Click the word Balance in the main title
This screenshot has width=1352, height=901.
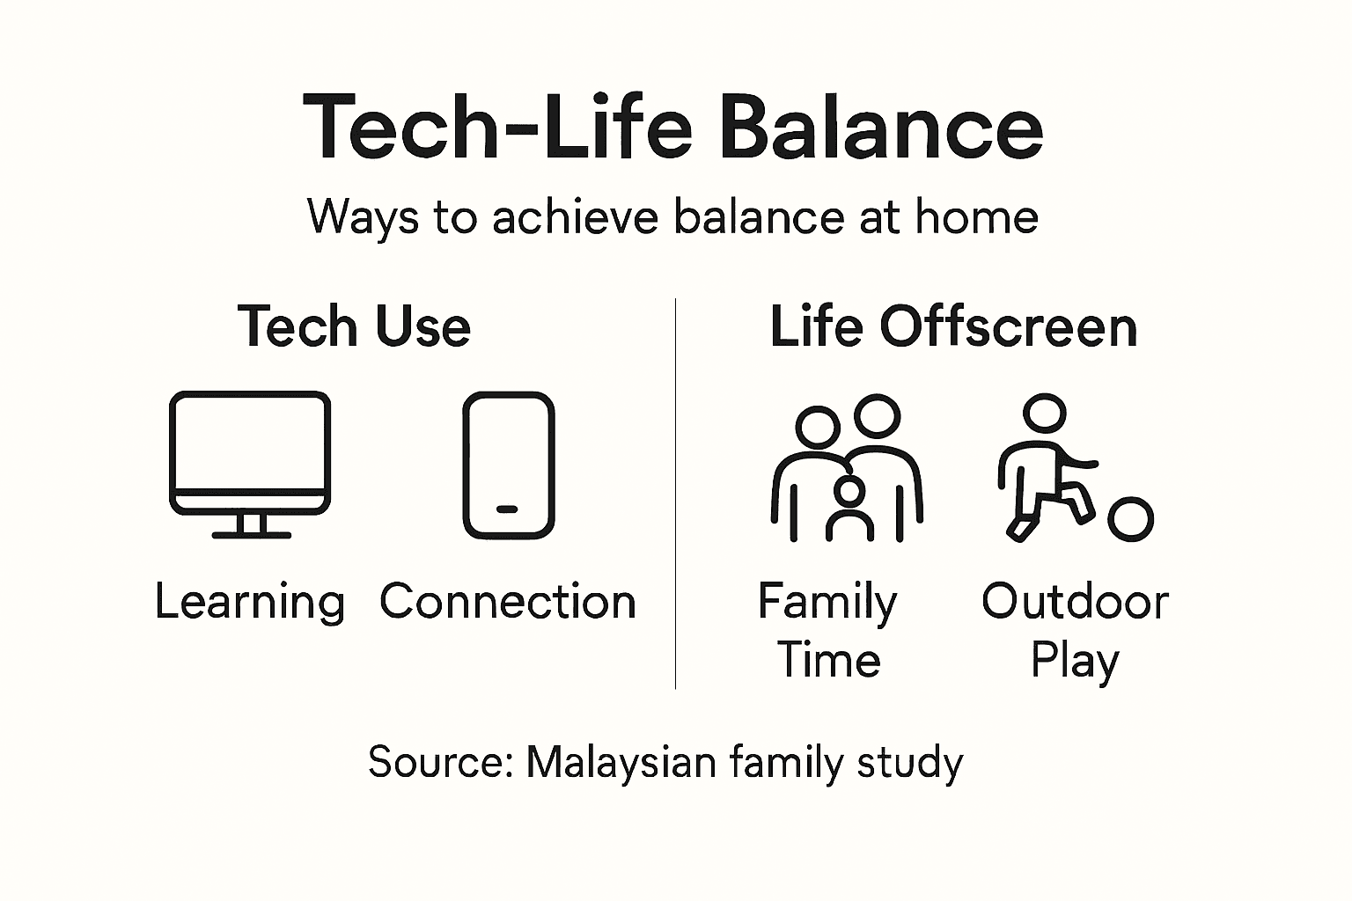880,128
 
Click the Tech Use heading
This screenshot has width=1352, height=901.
354,326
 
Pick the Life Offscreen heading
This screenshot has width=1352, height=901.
953,326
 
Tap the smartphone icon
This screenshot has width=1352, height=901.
509,465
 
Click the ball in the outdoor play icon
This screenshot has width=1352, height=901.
1130,519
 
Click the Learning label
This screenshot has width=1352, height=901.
250,603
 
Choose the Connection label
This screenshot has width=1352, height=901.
508,602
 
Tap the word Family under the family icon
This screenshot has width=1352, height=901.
827,604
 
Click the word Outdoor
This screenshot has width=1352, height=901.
1075,602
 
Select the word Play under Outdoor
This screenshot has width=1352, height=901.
1075,661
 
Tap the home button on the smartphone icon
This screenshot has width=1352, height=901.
508,509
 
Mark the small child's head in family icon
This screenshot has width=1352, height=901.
849,492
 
